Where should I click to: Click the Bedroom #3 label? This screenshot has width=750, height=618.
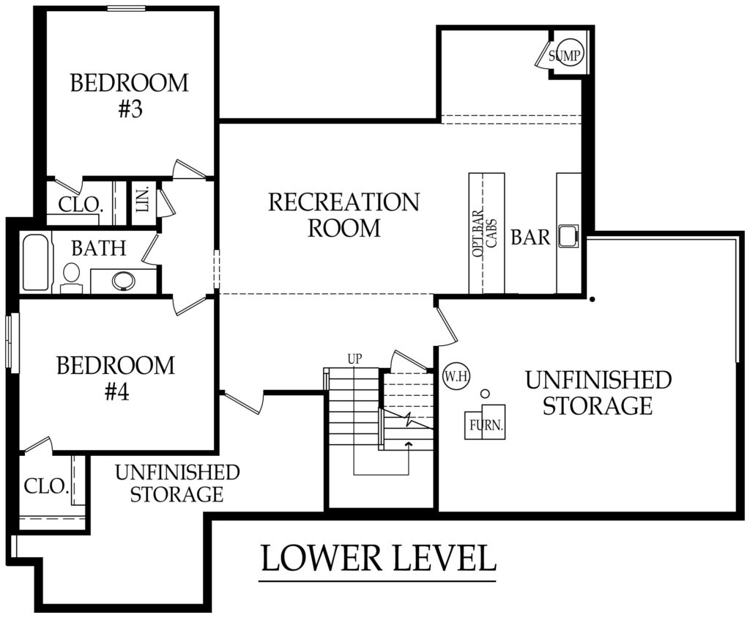[129, 95]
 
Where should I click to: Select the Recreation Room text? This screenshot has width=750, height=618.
[344, 214]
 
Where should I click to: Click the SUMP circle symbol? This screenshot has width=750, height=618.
[566, 55]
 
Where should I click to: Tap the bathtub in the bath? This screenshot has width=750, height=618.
[37, 262]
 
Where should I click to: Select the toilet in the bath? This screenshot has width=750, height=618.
[71, 276]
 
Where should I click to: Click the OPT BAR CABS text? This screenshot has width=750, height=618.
[486, 232]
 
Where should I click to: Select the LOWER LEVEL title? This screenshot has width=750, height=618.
[378, 559]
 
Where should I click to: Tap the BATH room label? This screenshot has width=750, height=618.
[99, 249]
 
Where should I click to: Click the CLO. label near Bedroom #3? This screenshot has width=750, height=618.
[79, 205]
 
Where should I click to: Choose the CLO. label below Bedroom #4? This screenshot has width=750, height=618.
[47, 486]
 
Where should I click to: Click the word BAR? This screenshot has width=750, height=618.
[530, 238]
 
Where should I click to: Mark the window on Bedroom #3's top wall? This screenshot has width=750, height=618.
[126, 9]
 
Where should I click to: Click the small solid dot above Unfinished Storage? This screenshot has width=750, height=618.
[592, 299]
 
